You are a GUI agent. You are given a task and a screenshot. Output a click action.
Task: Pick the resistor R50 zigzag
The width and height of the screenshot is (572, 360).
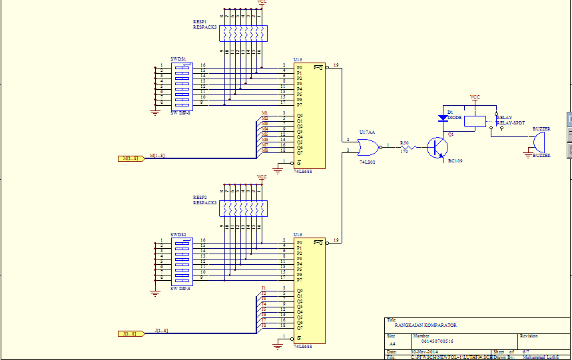coord(407,147)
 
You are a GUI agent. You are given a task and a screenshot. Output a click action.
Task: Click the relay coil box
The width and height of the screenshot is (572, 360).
coord(475,120)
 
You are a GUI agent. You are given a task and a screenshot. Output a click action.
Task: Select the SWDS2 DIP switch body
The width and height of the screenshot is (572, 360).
coord(182,259)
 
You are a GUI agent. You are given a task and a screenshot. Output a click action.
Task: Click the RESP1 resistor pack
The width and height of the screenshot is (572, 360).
coord(242,33)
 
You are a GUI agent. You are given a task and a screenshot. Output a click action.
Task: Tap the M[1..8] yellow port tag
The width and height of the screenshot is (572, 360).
coord(131,158)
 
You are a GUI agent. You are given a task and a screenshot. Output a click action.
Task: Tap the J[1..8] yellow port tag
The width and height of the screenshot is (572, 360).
coord(131,333)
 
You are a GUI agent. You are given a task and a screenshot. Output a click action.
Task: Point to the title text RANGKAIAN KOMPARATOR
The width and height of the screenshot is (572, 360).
coord(426,325)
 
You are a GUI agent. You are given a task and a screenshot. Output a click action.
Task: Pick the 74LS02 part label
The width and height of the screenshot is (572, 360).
coord(368,162)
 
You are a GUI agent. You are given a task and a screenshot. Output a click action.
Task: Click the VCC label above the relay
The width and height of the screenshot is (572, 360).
coord(475,97)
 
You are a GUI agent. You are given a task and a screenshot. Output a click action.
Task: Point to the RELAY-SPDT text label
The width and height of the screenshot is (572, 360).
coord(511,122)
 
